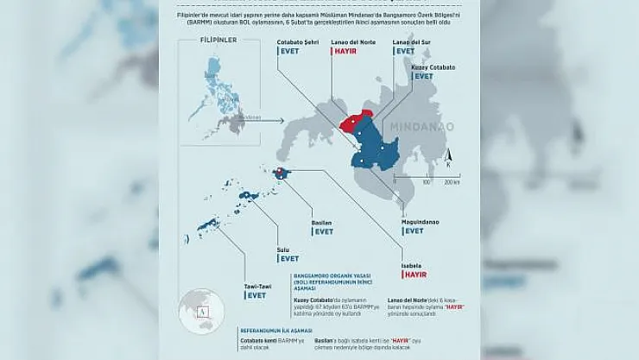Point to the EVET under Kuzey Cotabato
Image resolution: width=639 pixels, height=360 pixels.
[424, 76]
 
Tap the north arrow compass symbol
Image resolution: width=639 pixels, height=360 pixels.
[448, 159]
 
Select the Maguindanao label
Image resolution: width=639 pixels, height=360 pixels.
[421, 222]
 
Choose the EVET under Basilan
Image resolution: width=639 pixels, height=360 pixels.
[323, 231]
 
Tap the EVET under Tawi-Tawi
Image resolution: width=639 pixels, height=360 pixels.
[256, 295]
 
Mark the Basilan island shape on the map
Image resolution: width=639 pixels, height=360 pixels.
[282, 174]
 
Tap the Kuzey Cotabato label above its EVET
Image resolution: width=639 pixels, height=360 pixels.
[433, 66]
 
